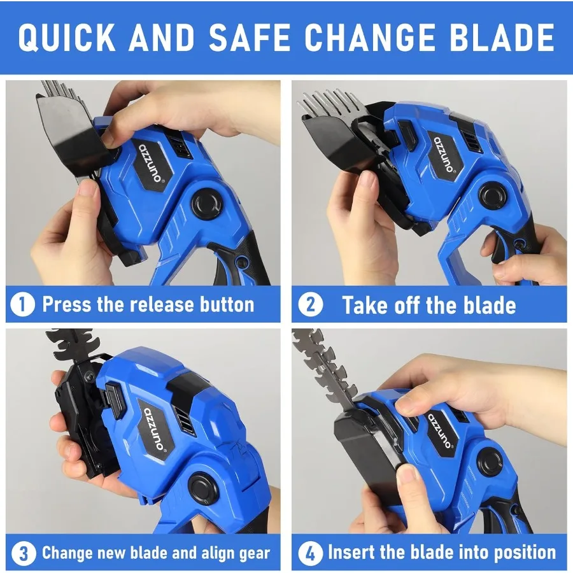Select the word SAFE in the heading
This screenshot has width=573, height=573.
coord(250,37)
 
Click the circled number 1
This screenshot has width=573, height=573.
coord(23,304)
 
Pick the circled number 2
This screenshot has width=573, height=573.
coord(311,304)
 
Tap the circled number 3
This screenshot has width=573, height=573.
coord(24,553)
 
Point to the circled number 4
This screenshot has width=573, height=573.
coord(311,553)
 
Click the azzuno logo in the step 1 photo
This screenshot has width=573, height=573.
coord(150,163)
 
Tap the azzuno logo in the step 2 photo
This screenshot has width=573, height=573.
coord(444,154)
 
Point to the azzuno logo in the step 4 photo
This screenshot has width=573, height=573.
coord(441,431)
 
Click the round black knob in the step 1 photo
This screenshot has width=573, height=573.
coord(207,204)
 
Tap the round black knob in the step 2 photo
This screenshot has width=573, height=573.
coord(493,196)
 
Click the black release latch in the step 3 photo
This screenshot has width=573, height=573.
coord(114,400)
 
